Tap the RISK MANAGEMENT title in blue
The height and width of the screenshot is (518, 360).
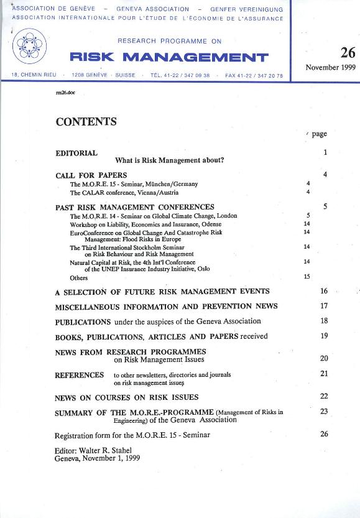[169, 58]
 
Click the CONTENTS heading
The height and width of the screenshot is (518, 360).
[86, 122]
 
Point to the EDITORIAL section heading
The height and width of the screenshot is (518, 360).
[76, 153]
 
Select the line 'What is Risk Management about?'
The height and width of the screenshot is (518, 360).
[170, 160]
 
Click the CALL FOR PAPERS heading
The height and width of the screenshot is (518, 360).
[91, 175]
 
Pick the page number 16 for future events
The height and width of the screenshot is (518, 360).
[324, 291]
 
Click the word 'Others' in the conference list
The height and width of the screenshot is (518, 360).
[79, 278]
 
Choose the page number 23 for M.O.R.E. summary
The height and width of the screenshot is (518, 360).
[324, 411]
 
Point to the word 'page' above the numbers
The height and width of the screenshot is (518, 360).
[320, 134]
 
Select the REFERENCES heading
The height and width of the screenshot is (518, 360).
[80, 375]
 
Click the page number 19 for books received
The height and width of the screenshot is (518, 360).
[324, 336]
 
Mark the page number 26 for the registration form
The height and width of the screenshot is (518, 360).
[324, 434]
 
